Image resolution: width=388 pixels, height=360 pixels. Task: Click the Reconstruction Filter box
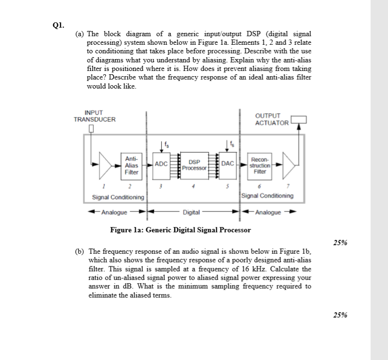pos(260,165)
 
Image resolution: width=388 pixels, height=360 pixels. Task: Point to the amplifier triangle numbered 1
pos(105,165)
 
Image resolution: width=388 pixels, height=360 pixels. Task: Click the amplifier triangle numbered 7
pos(288,165)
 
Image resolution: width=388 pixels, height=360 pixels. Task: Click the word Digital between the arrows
pos(191,212)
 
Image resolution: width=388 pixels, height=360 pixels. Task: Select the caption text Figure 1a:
pos(127,230)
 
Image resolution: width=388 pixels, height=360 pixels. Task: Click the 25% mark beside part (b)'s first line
pos(339,242)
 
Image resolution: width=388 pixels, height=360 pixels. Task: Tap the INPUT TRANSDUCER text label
pos(94,116)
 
